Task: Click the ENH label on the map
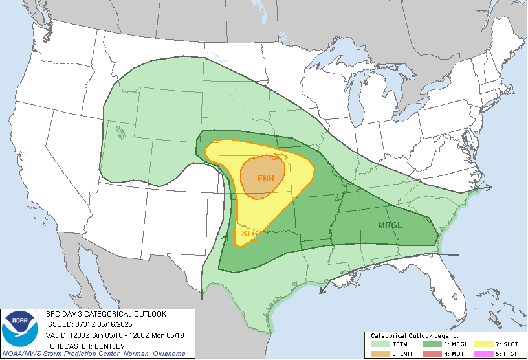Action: click(x=266, y=178)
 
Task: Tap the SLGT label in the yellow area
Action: click(x=250, y=233)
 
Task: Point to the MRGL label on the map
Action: click(x=391, y=225)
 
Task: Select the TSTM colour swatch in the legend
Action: click(x=380, y=344)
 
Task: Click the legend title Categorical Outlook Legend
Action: click(x=414, y=336)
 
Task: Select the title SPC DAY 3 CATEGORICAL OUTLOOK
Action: click(x=106, y=314)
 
